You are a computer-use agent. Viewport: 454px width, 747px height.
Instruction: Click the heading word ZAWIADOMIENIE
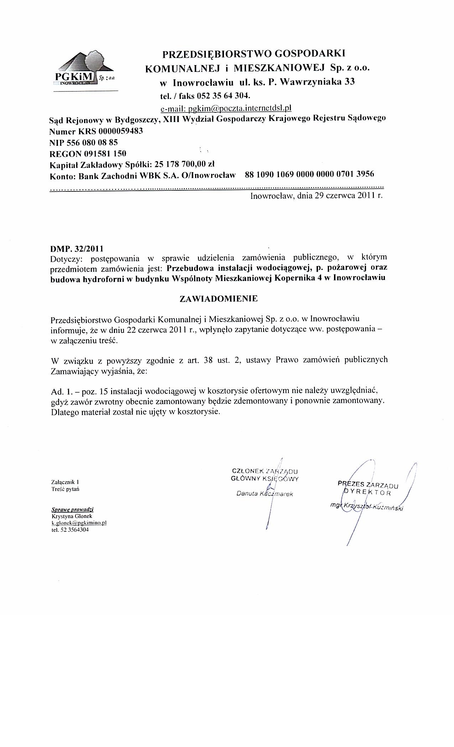(219, 298)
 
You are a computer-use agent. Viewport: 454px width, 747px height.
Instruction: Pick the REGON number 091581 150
(105, 154)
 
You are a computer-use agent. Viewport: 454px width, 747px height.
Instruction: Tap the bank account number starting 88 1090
(309, 174)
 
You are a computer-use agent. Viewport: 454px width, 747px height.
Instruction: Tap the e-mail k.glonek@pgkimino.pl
(79, 523)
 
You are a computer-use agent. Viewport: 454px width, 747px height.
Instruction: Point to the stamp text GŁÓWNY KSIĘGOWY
(265, 478)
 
